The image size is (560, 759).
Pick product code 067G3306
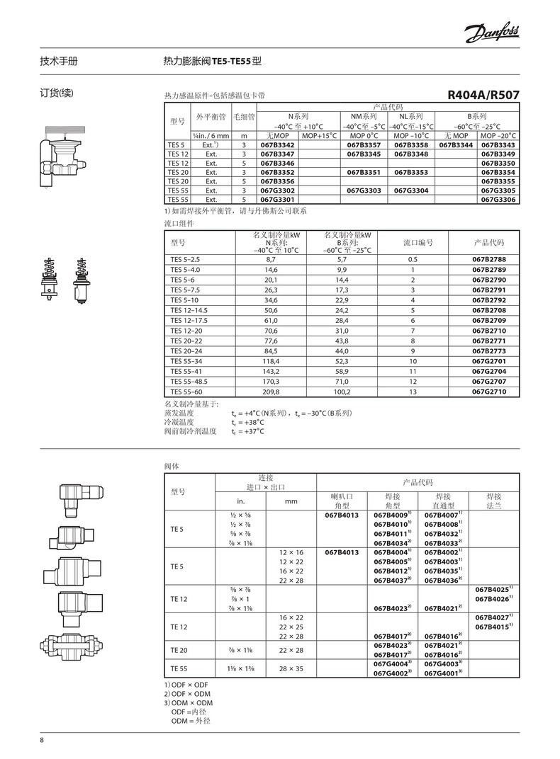[499, 200]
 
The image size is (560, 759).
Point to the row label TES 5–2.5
[186, 260]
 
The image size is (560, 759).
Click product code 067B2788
[489, 260]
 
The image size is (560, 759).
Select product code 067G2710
[489, 392]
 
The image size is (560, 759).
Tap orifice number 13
[412, 392]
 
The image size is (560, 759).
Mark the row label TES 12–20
[186, 330]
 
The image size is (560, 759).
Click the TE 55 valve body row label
[177, 668]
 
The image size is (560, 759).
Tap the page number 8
[42, 741]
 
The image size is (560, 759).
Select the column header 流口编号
[418, 242]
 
